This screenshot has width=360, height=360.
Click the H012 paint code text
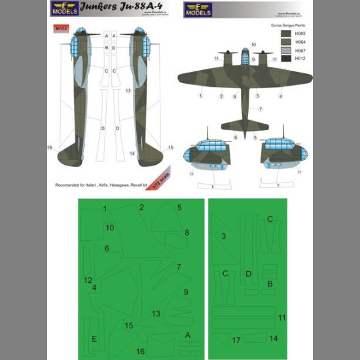click(301, 59)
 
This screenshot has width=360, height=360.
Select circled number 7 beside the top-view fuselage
click(260, 109)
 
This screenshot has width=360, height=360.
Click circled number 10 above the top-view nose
click(253, 45)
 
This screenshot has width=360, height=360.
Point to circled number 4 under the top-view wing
click(281, 96)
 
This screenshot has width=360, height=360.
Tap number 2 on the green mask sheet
click(141, 207)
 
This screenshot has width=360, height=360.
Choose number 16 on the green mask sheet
click(140, 351)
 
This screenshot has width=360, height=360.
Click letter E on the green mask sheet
click(94, 338)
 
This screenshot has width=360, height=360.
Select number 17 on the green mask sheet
click(236, 340)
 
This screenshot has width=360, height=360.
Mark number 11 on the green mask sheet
click(281, 317)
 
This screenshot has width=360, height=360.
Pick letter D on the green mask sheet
click(248, 274)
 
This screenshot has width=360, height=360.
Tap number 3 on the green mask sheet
click(223, 236)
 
